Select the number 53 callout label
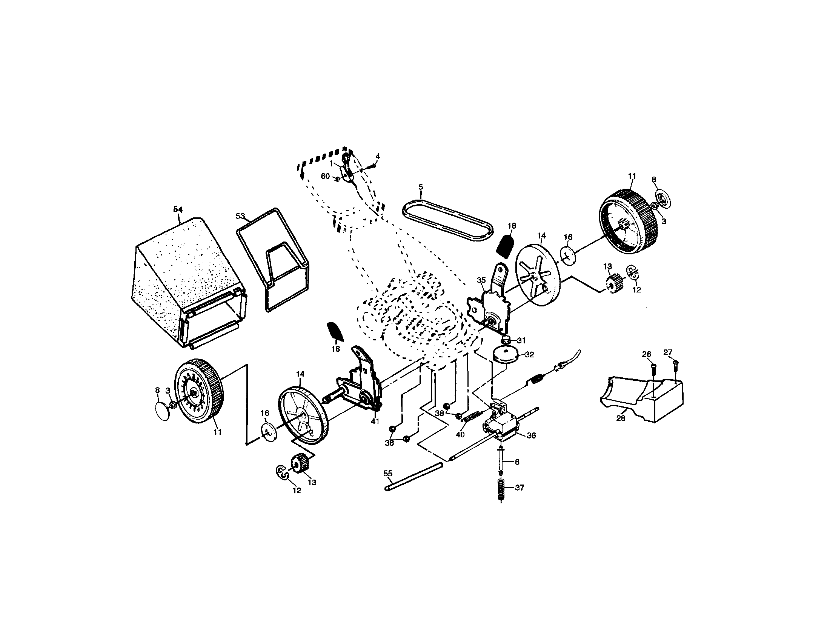click(x=240, y=216)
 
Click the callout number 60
click(x=325, y=176)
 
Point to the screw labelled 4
click(x=374, y=164)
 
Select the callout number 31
click(x=521, y=340)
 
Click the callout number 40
click(x=460, y=434)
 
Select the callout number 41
click(x=375, y=422)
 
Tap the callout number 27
click(x=668, y=352)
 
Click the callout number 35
click(x=481, y=280)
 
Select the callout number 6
click(x=517, y=462)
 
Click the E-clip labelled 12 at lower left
click(x=282, y=472)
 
